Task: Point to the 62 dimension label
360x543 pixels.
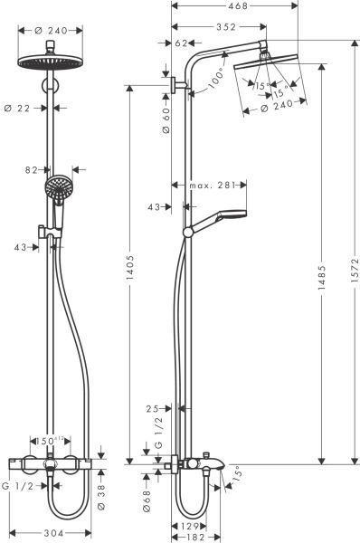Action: coord(179,43)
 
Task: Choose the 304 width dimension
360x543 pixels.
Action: coord(53,533)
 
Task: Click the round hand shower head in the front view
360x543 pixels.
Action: coord(55,189)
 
